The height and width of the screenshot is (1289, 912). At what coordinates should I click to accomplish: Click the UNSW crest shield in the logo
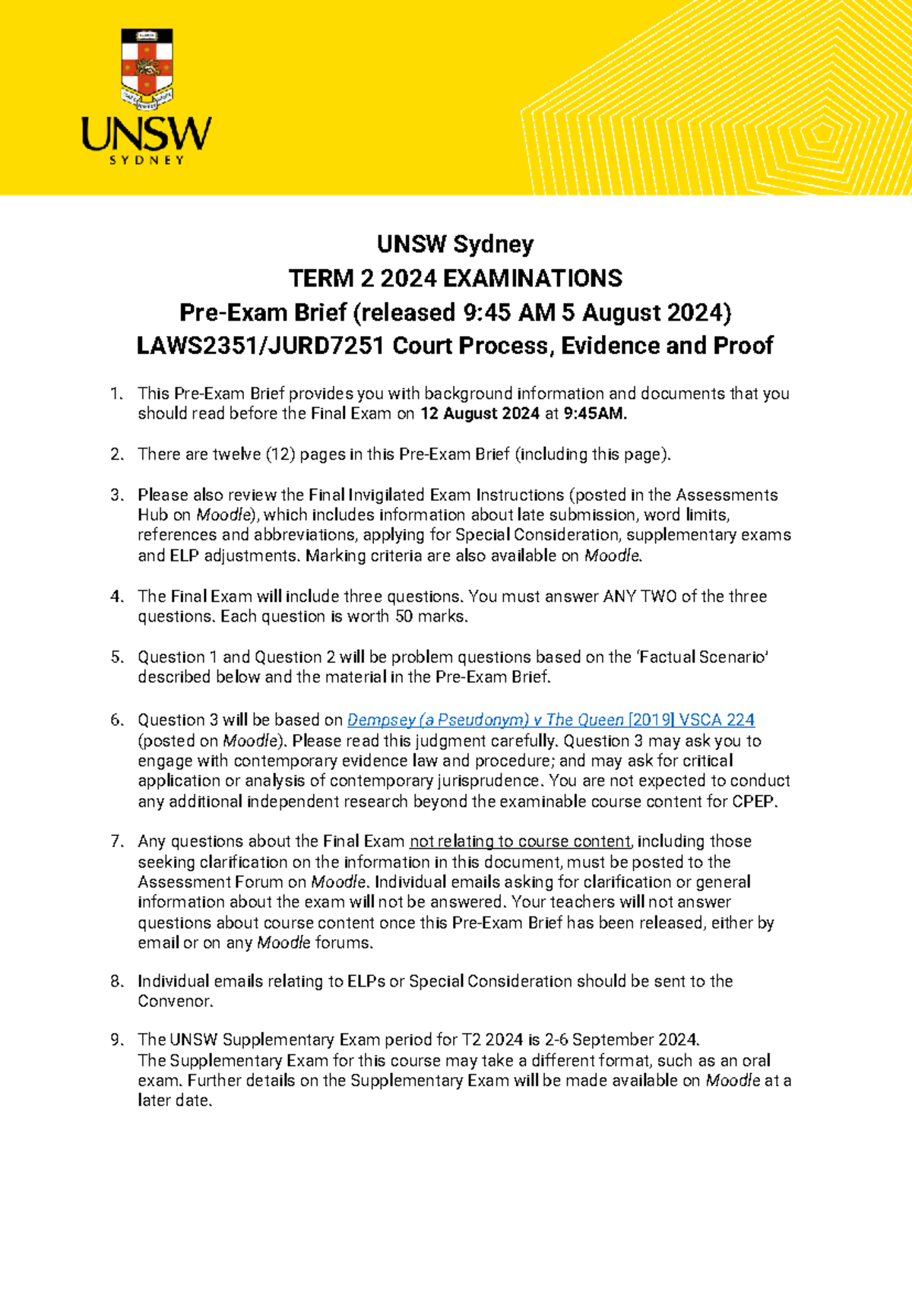click(x=147, y=67)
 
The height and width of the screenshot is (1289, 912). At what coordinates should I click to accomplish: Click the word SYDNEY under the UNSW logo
click(x=147, y=160)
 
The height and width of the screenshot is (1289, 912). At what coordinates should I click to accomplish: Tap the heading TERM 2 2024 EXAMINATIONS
click(x=455, y=279)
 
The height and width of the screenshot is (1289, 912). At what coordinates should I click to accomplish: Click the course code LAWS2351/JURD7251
click(x=260, y=346)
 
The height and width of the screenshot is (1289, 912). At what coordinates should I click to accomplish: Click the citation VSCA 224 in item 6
click(x=717, y=720)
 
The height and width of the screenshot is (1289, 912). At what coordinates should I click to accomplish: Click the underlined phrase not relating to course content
click(x=520, y=841)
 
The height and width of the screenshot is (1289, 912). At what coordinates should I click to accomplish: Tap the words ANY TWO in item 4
click(x=639, y=597)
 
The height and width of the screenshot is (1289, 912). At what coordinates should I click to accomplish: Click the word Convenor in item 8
click(x=173, y=1002)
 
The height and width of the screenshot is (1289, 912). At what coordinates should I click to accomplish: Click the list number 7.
click(x=116, y=841)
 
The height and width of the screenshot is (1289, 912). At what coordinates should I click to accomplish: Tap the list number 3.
click(x=116, y=496)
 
